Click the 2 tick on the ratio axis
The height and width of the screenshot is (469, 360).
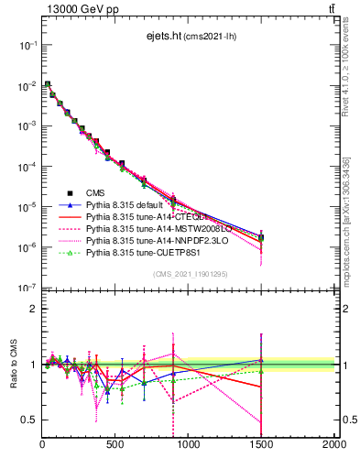pyautogui.click(x=32, y=309)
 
